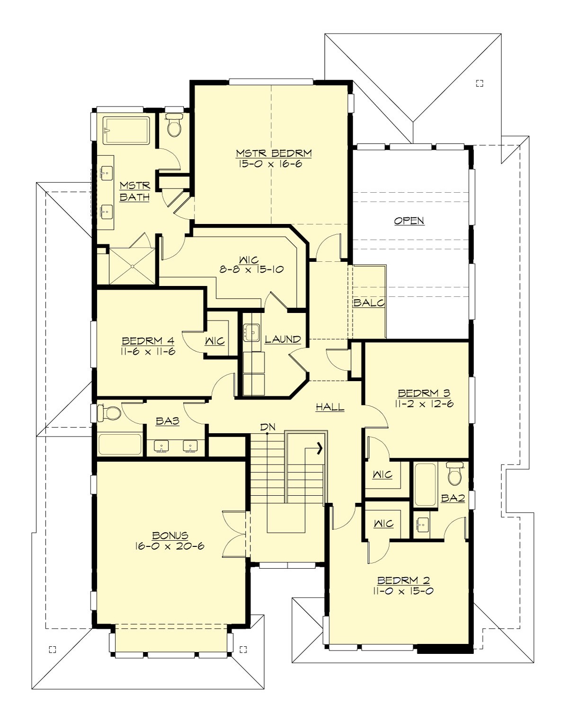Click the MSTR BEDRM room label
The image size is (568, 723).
point(274,153)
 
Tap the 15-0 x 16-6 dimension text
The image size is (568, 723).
point(270,164)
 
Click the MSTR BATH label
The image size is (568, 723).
point(134,191)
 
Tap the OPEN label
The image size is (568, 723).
point(409,221)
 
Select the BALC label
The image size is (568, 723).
point(369,303)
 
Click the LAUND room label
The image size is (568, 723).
point(283,339)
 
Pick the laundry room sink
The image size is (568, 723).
point(252,333)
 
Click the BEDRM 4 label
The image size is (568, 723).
point(148,341)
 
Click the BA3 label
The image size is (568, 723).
point(168,420)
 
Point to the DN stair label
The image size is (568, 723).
point(267,427)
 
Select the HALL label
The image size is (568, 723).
point(330,407)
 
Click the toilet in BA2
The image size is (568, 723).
point(455,474)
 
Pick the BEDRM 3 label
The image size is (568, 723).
point(424,393)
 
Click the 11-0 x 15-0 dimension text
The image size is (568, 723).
point(403,591)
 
